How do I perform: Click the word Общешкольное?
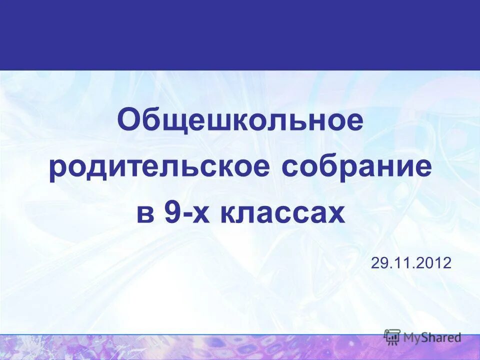240,121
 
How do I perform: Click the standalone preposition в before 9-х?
143,214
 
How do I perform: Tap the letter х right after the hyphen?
195,214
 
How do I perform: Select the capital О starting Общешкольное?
129,121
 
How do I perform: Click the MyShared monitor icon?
392,337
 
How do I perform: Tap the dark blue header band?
240,35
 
